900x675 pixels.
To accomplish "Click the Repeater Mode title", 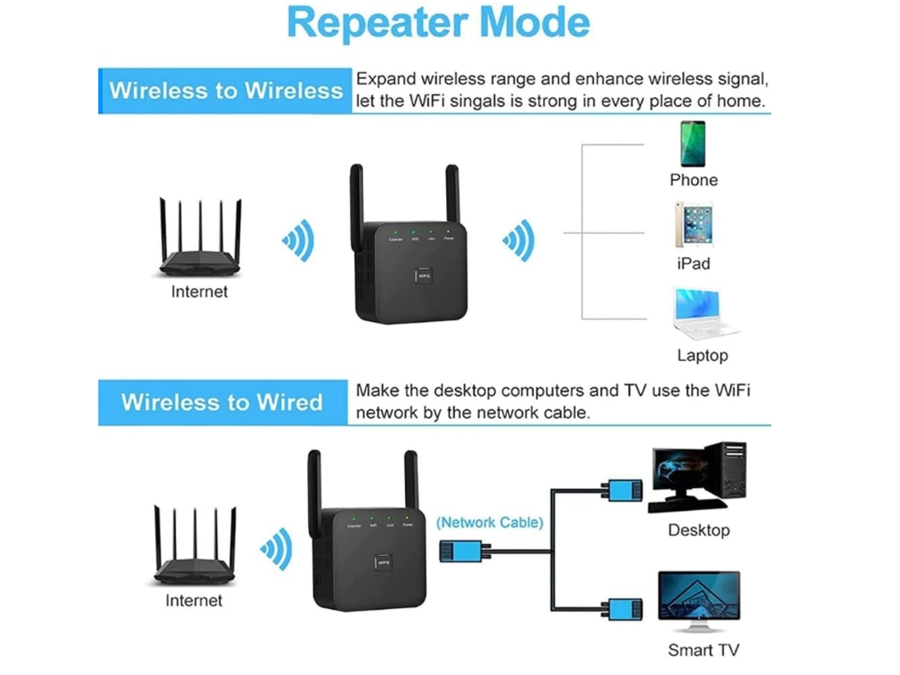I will pyautogui.click(x=438, y=23).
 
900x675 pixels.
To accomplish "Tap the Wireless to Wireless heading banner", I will pyautogui.click(x=226, y=90).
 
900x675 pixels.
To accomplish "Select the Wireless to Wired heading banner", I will pyautogui.click(x=222, y=402).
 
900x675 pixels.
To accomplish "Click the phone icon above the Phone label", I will pyautogui.click(x=692, y=143).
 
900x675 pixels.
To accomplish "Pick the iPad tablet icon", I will pyautogui.click(x=693, y=225).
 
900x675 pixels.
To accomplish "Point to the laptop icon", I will pyautogui.click(x=703, y=313).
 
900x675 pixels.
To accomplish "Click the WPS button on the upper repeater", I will pyautogui.click(x=424, y=277).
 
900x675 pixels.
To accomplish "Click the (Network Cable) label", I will pyautogui.click(x=489, y=522).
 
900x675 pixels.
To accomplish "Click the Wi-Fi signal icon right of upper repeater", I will pyautogui.click(x=519, y=239).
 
